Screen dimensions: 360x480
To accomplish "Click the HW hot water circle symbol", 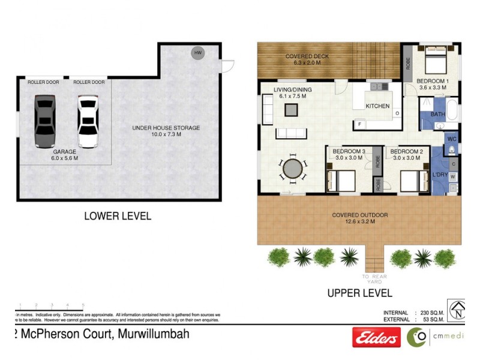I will click(197, 53).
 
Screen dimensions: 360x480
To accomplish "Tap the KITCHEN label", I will click(378, 106).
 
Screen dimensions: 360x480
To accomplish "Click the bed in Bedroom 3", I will click(340, 180).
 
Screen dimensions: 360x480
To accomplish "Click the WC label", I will click(451, 139).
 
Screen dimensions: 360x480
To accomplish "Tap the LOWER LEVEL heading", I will click(118, 216).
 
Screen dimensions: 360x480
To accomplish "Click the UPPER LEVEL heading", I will click(359, 293).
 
